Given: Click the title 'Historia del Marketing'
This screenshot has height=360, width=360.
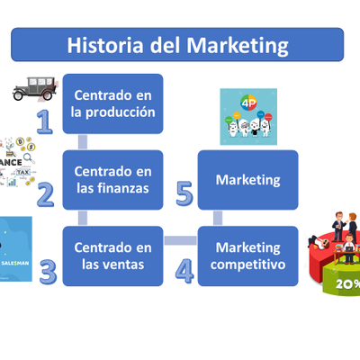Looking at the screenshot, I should (x=177, y=44).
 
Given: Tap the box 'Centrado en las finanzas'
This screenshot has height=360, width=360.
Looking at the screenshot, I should (x=112, y=179).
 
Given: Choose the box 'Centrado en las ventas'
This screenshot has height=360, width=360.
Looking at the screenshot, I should (x=112, y=256).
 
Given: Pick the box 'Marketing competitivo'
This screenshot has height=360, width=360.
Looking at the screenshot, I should (x=247, y=256).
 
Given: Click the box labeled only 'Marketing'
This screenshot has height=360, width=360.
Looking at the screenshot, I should (x=247, y=179).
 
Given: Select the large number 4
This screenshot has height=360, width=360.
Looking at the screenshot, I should (x=184, y=271).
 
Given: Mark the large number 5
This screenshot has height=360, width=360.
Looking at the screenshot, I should (x=184, y=193).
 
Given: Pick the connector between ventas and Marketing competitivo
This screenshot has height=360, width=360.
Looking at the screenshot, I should (x=180, y=240).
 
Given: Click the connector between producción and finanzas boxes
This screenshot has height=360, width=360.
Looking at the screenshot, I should (x=83, y=141).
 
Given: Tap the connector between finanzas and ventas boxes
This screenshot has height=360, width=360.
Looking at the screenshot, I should (x=83, y=217).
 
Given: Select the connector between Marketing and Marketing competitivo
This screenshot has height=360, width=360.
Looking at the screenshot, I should (x=218, y=217).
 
